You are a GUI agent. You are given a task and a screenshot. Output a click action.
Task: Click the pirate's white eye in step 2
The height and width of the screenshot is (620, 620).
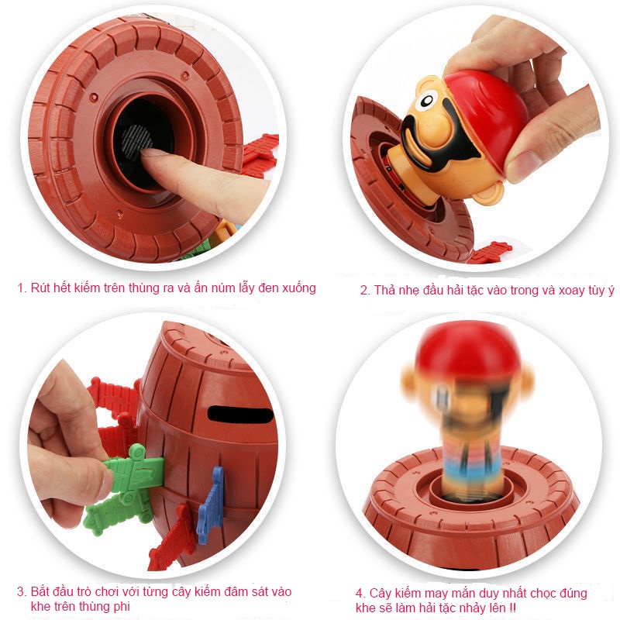tap(425, 100)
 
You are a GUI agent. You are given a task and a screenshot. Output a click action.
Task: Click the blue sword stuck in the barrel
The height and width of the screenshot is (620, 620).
tap(210, 505)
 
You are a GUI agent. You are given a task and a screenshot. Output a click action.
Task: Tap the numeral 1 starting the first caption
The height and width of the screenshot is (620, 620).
tap(21, 288)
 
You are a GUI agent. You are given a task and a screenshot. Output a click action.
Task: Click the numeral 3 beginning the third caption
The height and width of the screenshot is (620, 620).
tap(21, 592)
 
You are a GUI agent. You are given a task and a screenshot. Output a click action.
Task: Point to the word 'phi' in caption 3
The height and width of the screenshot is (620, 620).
tap(122, 607)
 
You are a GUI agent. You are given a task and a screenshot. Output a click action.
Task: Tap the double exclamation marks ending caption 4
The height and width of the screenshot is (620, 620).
tap(512, 608)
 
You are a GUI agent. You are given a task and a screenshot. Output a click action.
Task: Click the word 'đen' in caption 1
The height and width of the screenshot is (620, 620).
tap(267, 288)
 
